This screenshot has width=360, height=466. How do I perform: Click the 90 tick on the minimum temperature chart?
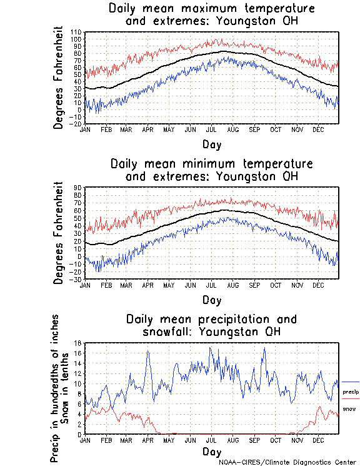pos(79,187)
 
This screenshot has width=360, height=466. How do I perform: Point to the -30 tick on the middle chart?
pos(77,279)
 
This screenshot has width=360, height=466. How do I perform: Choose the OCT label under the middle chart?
pos(276,285)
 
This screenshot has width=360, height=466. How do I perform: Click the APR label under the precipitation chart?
pos(147,440)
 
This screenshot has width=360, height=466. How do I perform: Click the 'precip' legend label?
pos(351,392)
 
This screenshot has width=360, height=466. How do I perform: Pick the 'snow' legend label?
pos(349,409)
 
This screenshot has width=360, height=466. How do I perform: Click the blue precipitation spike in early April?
pos(148,352)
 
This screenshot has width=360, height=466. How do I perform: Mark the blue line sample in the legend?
pos(351,382)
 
